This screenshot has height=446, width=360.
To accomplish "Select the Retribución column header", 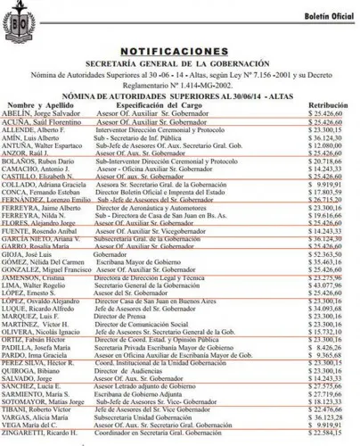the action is tap(329, 106).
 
